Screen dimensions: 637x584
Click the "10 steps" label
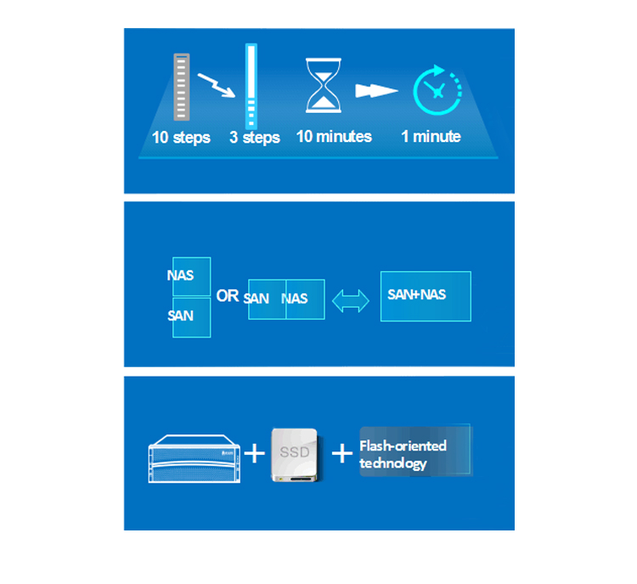click(181, 138)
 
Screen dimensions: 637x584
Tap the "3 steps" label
click(254, 138)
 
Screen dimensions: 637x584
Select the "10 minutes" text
click(334, 137)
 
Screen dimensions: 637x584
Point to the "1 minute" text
click(431, 137)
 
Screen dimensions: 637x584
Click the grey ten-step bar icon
click(182, 87)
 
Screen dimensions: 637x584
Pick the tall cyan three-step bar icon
click(251, 86)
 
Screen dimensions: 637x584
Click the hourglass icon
click(324, 85)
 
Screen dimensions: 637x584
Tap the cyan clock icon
click(437, 90)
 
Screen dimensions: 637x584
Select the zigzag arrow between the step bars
click(216, 85)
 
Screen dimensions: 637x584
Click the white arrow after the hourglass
click(376, 91)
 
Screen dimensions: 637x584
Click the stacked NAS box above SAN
click(191, 276)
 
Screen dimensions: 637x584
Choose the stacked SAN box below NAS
click(191, 318)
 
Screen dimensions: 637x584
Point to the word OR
click(227, 296)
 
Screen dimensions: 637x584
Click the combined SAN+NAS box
click(426, 296)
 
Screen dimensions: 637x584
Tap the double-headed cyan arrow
click(351, 302)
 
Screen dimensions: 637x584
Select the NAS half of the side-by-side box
click(306, 299)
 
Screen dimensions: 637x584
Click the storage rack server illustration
click(194, 459)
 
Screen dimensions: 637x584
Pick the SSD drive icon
click(295, 455)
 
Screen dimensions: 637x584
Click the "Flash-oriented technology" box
click(415, 451)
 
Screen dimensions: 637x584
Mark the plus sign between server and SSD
click(254, 453)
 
